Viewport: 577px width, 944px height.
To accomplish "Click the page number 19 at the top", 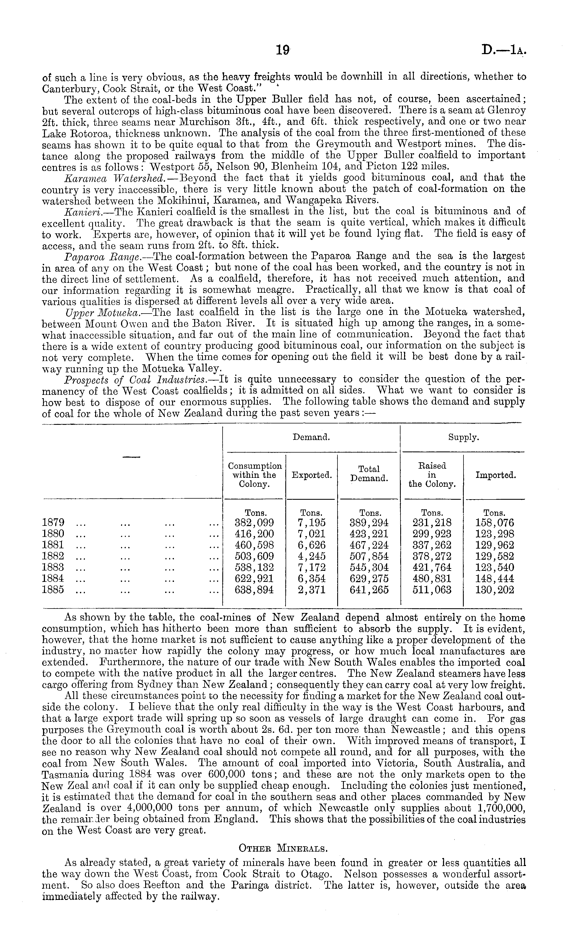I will pos(282,50).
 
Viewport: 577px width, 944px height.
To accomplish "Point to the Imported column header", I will pos(495,475).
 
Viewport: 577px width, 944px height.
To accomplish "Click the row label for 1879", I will pos(53,523).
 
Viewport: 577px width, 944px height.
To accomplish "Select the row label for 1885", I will pos(53,590).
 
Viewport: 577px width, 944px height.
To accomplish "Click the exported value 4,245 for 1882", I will pos(311,556).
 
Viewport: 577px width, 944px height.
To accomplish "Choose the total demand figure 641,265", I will pos(369,590).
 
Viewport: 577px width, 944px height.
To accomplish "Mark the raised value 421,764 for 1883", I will pos(432,567).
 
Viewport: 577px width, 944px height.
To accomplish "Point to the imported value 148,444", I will pos(494,579).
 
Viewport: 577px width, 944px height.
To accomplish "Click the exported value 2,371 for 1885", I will pos(311,590).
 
